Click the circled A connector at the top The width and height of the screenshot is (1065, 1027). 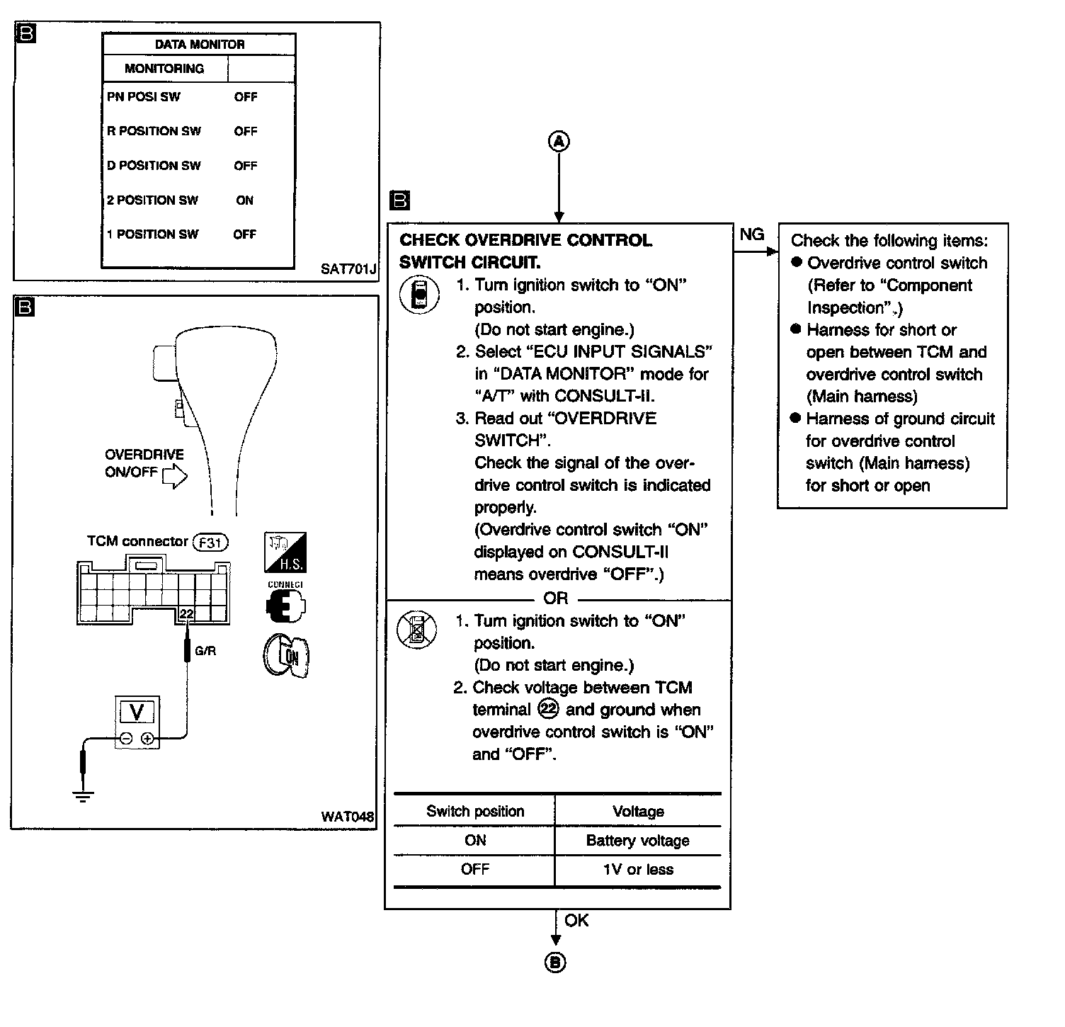559,142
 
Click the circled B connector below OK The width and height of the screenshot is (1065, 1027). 556,963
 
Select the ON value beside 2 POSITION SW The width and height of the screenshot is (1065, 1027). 244,200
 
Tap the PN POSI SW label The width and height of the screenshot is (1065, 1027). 143,97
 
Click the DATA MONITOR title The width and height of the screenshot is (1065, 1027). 200,45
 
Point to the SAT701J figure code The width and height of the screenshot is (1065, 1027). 348,269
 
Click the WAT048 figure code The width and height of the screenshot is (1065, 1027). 347,817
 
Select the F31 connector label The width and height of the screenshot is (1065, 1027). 210,543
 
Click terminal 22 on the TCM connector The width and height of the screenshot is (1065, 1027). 186,613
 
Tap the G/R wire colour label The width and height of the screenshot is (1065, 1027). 205,651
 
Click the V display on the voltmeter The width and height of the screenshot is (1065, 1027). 137,712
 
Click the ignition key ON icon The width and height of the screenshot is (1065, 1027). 286,657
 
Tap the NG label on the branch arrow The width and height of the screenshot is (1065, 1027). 751,234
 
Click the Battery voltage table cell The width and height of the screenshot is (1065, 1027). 637,841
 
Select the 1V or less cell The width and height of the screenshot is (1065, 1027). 637,870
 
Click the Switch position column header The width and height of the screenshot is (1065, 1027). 475,812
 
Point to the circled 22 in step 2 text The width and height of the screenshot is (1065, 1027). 548,709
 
